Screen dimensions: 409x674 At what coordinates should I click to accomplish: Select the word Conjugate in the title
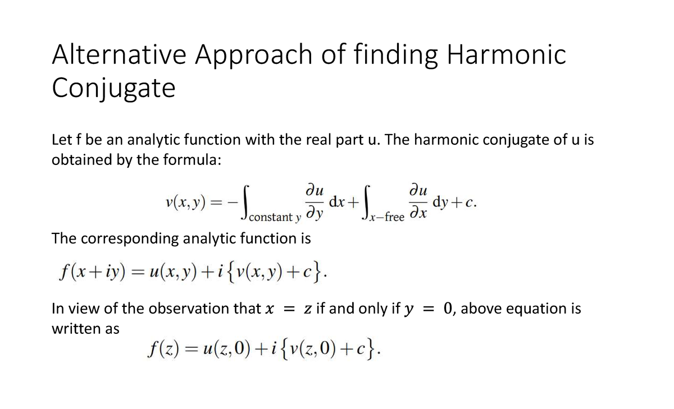coord(113,89)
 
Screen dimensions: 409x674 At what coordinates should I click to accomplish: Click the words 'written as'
coord(85,329)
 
